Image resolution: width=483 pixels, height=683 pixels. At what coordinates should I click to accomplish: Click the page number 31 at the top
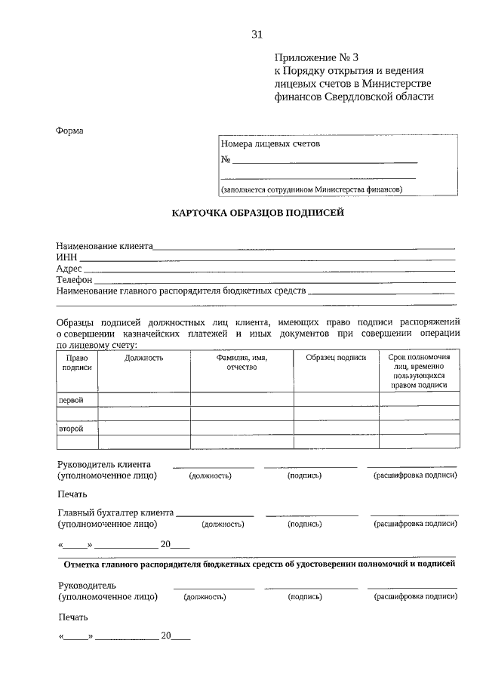tap(257, 34)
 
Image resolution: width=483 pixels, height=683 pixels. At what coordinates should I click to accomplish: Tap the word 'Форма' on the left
tap(69, 131)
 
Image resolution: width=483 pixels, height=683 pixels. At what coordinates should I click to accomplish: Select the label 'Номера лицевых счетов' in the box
tap(270, 143)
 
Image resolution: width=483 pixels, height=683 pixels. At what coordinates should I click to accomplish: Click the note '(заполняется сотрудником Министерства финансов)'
tap(312, 189)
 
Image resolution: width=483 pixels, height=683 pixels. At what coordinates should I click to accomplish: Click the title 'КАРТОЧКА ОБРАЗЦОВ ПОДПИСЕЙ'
tap(257, 214)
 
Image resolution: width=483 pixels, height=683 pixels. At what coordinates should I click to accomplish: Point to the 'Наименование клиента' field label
tap(104, 246)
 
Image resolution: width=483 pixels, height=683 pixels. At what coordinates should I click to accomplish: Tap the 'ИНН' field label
tap(66, 257)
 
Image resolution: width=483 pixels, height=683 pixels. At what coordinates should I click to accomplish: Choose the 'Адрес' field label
tap(69, 269)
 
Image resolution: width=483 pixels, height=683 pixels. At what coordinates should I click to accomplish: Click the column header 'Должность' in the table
tap(144, 358)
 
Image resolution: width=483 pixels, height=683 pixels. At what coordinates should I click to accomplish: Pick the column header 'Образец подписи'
tap(336, 358)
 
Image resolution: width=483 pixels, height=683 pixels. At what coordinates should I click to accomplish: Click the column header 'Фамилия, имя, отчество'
tap(241, 362)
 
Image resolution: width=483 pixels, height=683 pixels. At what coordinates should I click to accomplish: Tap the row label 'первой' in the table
tap(71, 399)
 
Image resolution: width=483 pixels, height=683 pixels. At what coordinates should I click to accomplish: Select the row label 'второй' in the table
tap(71, 429)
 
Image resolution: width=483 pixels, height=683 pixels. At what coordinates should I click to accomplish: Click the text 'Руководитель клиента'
tap(104, 464)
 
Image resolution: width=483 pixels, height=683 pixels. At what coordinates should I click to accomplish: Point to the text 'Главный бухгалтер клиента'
tap(115, 512)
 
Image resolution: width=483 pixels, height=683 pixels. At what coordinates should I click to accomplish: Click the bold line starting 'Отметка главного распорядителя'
tap(260, 564)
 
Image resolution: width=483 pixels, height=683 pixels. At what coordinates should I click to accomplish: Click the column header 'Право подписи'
tap(78, 362)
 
